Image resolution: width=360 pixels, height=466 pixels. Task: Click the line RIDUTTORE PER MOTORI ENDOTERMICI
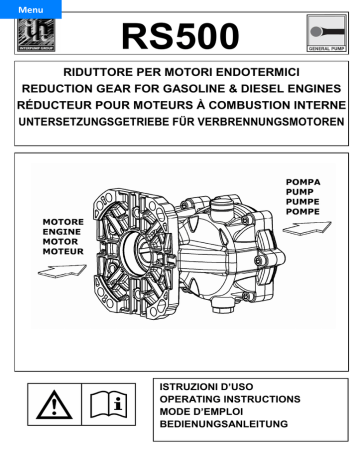(179, 73)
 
